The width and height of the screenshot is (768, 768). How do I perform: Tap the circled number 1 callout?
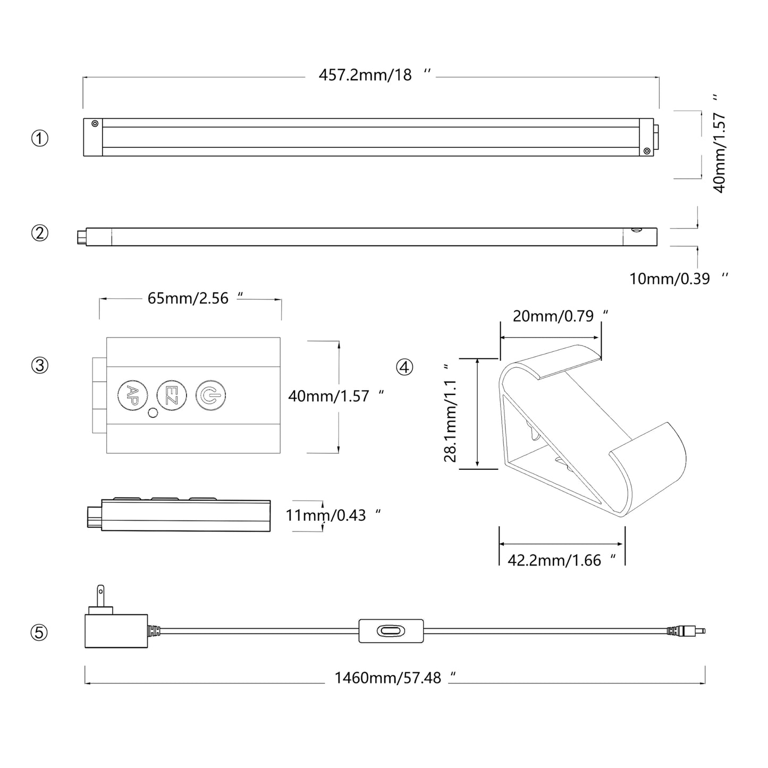pos(40,138)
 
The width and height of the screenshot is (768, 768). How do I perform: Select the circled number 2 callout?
pos(40,233)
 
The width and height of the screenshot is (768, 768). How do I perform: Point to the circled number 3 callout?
pos(40,366)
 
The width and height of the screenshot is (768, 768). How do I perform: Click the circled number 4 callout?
pos(404,367)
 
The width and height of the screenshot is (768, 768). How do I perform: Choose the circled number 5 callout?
pos(40,632)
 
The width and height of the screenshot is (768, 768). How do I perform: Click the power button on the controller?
pos(210,395)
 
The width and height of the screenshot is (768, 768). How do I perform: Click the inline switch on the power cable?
pos(391,631)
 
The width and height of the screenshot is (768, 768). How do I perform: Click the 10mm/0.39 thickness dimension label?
pos(674,278)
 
